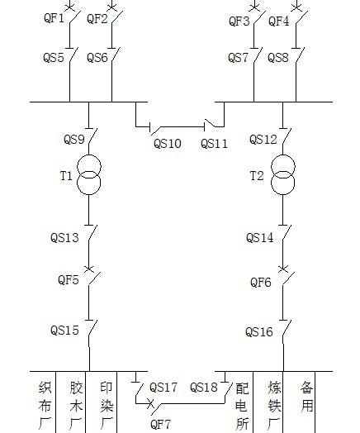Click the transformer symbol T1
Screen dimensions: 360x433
89,167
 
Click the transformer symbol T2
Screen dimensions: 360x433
282,167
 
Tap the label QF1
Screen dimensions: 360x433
54,18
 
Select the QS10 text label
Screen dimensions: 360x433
167,144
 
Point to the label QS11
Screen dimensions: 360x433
214,144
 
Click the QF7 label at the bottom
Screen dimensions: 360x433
160,424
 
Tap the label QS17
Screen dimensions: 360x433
163,388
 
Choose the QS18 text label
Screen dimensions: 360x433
204,388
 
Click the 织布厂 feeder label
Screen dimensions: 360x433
45,406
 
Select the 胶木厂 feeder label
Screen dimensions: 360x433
76,406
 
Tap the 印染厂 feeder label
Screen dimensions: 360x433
107,406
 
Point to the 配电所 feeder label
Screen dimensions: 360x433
242,406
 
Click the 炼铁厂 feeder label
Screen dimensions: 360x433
274,406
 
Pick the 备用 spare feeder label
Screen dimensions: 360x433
307,397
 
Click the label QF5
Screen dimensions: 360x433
69,280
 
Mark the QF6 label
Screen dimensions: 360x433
261,283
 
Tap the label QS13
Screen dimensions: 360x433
64,238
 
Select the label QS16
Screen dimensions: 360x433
259,332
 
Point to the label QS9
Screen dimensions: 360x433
74,140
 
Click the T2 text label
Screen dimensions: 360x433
257,176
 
